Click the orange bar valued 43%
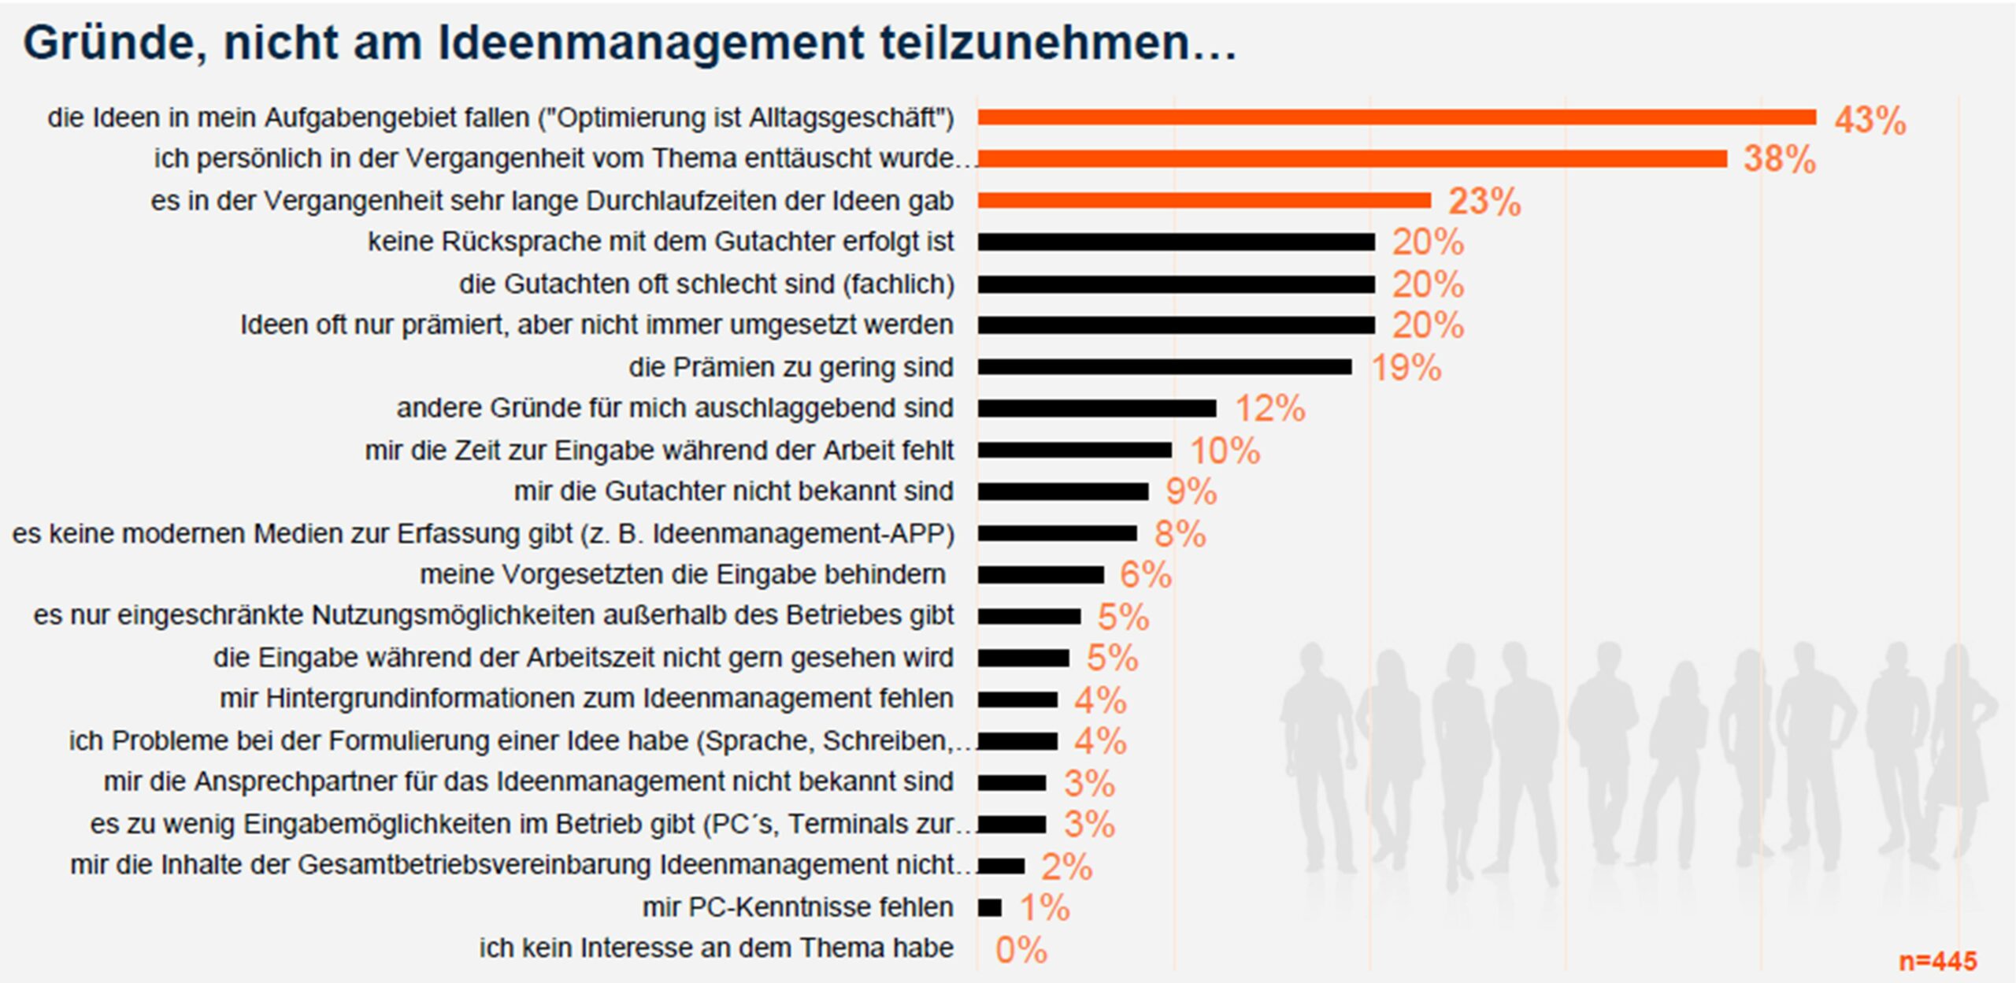coord(1396,117)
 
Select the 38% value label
coord(1779,159)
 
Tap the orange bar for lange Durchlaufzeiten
coord(1204,200)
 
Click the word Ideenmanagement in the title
coord(650,43)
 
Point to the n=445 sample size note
coord(1937,961)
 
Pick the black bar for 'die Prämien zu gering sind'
coord(1165,366)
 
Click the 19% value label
coord(1406,368)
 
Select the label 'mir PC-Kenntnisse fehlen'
coord(798,907)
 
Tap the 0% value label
coord(1021,950)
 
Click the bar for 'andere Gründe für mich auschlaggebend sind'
coord(1097,408)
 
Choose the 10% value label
coord(1225,451)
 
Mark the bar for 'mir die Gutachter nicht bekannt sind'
coord(1063,491)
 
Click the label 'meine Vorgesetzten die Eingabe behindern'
coord(682,574)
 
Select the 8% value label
coord(1180,534)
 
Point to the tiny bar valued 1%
coord(990,907)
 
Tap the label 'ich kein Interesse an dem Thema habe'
coord(716,948)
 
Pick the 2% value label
coord(1066,866)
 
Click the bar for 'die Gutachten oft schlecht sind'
coord(1177,284)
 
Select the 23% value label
coord(1484,202)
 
